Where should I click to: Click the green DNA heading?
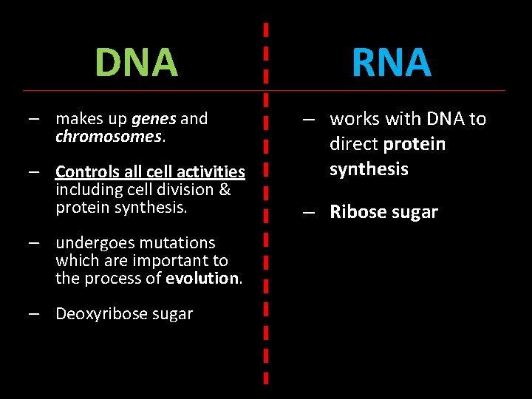[x=137, y=63]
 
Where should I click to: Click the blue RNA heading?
[x=392, y=63]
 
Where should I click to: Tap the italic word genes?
[x=154, y=119]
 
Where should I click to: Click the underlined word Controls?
[x=85, y=172]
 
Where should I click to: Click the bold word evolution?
[x=202, y=279]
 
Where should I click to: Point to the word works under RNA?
[x=354, y=119]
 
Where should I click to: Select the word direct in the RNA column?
[x=354, y=144]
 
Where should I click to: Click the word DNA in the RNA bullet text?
[x=440, y=119]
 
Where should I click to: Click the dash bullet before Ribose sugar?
[x=310, y=213]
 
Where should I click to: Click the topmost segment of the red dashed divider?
[x=266, y=31]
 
